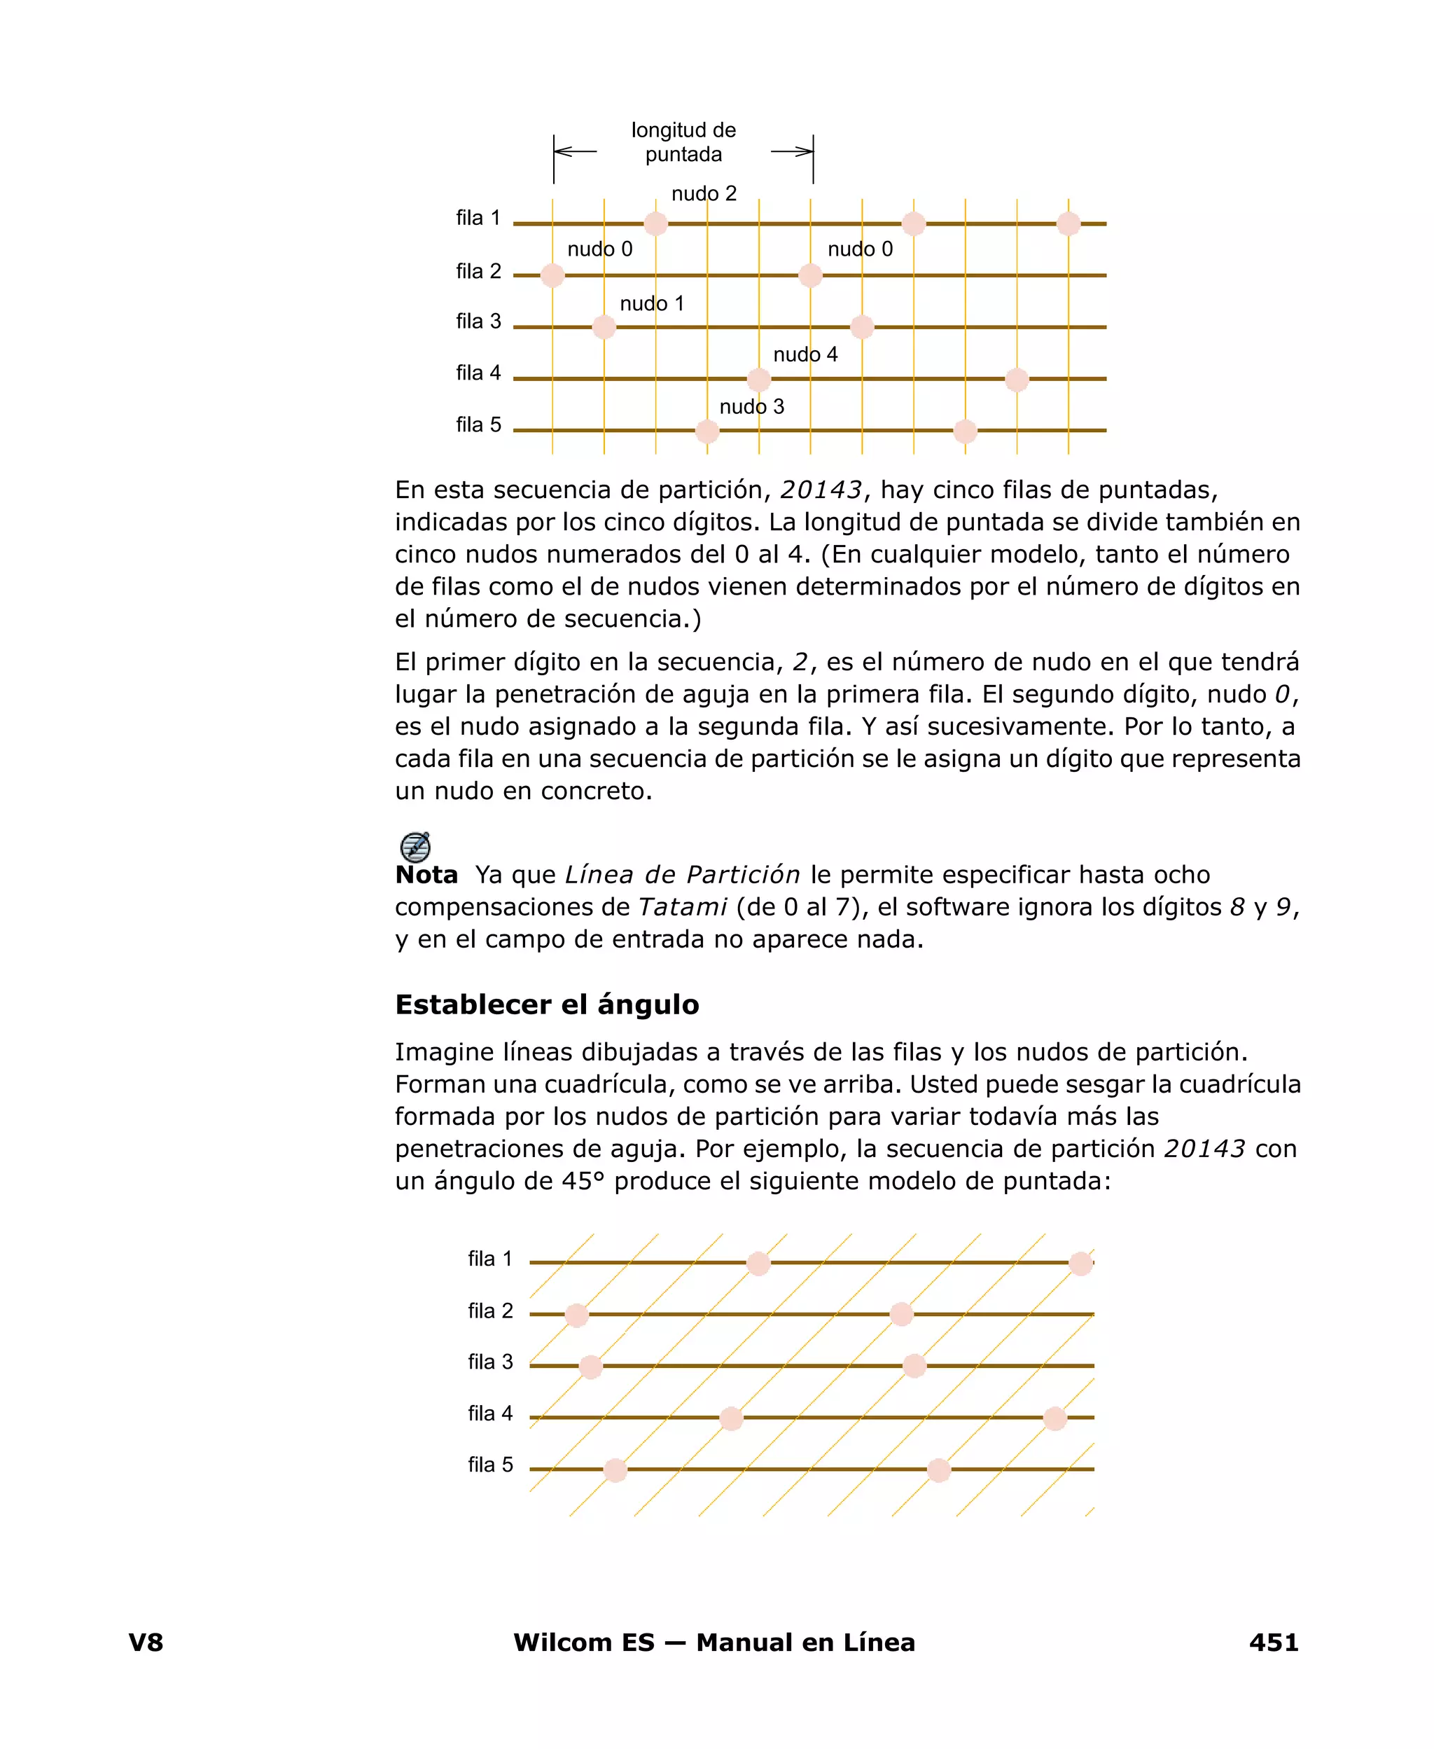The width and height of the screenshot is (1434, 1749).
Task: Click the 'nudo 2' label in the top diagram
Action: (x=703, y=193)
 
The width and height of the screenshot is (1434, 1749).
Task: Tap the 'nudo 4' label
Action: (x=805, y=354)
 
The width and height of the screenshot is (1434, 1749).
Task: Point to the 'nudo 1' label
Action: (x=652, y=303)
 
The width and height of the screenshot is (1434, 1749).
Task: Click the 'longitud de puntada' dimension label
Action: (x=683, y=142)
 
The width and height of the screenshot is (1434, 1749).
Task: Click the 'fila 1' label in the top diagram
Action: (x=478, y=218)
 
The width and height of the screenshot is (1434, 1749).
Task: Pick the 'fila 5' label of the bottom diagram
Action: (x=490, y=1465)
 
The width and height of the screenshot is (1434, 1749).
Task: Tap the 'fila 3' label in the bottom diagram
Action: (x=490, y=1362)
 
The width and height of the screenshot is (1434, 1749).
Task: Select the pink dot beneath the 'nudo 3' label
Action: (x=707, y=431)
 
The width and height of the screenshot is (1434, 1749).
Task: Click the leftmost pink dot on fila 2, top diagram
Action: (x=552, y=275)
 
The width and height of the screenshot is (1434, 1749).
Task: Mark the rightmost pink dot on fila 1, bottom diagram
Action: (x=1080, y=1263)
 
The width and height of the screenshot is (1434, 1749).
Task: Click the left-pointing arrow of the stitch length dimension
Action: (x=575, y=152)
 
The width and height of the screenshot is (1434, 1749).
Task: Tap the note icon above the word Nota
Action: (x=415, y=847)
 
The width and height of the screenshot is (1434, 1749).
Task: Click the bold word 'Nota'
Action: (x=426, y=875)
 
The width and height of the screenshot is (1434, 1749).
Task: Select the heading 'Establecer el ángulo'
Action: (x=547, y=1004)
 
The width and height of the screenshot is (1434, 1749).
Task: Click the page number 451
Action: (x=1273, y=1643)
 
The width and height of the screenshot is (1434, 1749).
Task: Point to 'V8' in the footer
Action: (x=146, y=1643)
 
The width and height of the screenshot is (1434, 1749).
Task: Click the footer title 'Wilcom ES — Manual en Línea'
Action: (x=713, y=1643)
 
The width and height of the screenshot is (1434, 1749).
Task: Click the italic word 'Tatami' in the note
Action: (x=682, y=907)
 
